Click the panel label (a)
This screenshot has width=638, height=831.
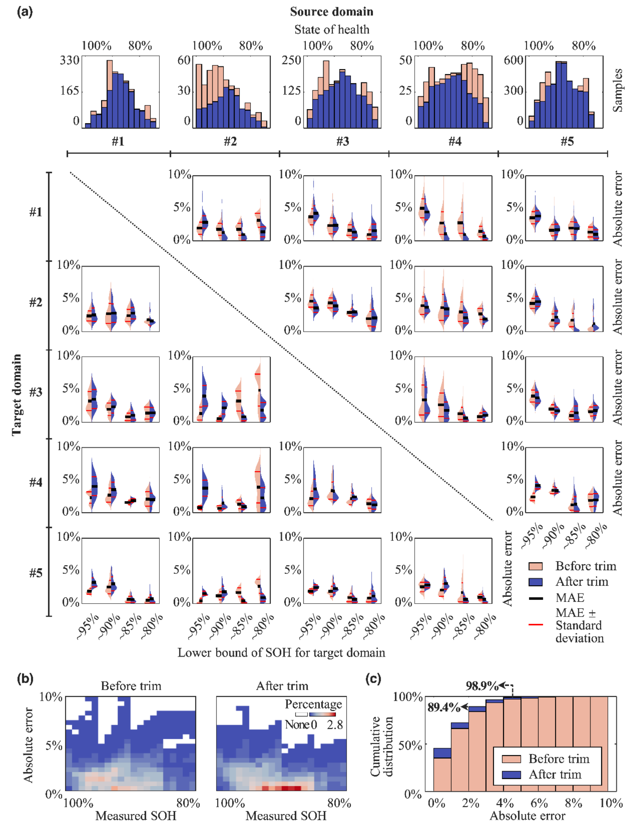point(25,12)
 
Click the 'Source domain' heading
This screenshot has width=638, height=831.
point(332,12)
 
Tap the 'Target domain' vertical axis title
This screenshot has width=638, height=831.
point(16,395)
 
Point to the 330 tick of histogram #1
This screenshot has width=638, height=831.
point(69,60)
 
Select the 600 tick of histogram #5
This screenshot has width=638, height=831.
point(513,60)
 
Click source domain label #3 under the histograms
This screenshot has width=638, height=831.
point(343,141)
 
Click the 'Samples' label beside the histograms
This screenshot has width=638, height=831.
point(617,90)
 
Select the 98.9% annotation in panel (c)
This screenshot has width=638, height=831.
point(482,686)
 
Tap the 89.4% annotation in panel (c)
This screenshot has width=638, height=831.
point(444,707)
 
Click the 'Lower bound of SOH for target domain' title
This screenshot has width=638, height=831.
point(281,652)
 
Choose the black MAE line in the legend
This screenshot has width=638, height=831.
point(536,598)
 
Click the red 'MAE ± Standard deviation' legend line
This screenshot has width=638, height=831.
point(536,625)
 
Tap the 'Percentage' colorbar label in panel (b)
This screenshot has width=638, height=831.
point(313,704)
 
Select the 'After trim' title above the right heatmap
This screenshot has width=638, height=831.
point(282,686)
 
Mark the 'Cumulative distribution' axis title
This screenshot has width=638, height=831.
point(381,746)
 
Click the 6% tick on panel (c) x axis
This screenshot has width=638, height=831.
point(539,803)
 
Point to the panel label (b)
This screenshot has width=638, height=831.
point(25,678)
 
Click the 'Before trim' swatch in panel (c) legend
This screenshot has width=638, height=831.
point(511,759)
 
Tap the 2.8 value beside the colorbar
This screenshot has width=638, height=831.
point(335,725)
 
